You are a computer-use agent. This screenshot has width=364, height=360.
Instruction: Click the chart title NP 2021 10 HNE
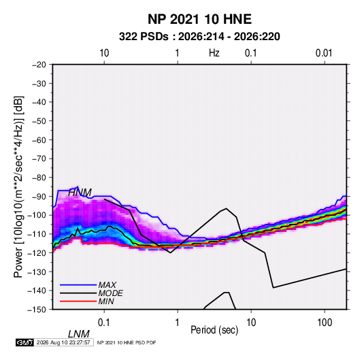(199, 19)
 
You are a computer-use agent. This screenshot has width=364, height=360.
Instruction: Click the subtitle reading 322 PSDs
(144, 37)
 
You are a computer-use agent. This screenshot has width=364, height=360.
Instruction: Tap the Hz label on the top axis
(214, 53)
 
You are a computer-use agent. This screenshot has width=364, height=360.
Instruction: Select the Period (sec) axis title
(214, 330)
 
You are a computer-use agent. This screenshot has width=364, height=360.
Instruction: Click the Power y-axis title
(18, 187)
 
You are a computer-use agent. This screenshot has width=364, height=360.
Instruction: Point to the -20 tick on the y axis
(39, 65)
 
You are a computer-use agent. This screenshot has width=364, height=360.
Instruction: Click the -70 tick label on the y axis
(39, 159)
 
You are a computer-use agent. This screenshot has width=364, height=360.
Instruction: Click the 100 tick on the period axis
(325, 323)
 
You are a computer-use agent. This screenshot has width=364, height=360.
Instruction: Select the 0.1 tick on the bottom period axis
(104, 323)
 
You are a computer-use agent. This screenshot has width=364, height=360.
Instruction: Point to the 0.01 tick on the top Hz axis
(324, 53)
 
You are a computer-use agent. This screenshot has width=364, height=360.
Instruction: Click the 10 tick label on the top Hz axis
(104, 53)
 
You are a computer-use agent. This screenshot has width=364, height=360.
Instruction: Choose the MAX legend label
(107, 285)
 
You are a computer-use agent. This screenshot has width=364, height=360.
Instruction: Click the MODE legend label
(110, 293)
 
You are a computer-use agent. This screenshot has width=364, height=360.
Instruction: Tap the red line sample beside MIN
(78, 301)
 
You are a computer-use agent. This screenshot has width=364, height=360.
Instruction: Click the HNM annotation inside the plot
(80, 193)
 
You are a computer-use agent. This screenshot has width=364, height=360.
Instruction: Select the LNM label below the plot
(79, 334)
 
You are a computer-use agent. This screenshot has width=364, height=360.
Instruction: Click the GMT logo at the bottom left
(25, 342)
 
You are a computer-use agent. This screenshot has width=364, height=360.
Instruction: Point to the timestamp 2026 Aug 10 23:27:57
(63, 342)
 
